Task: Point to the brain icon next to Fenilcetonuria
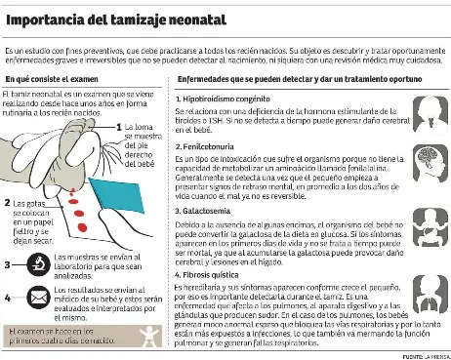pos(426,160)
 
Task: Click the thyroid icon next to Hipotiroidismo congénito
pos(426,108)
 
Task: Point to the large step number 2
pos(7,202)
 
